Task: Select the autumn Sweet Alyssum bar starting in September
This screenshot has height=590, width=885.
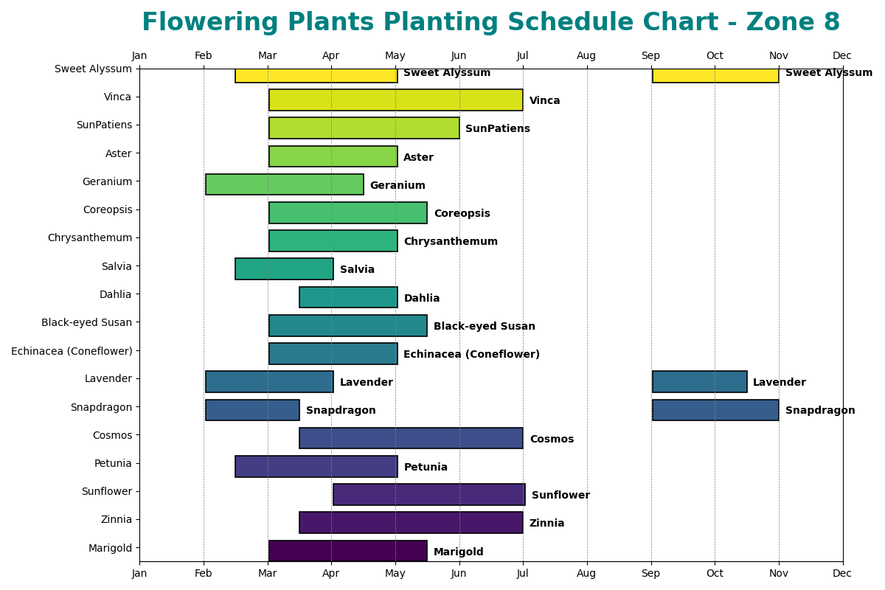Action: tap(715, 75)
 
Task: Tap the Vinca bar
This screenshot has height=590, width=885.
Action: tap(395, 100)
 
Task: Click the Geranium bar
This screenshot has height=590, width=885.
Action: tap(284, 184)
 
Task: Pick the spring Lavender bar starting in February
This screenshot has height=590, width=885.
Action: tap(269, 382)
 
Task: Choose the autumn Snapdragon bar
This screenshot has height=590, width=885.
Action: tap(715, 410)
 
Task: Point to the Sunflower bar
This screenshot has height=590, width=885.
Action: tap(428, 495)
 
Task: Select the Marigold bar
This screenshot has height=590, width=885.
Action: tap(347, 551)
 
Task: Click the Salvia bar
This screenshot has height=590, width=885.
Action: tap(284, 269)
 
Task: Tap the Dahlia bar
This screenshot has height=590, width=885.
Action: tap(348, 297)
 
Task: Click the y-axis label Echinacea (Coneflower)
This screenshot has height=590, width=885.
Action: tap(72, 351)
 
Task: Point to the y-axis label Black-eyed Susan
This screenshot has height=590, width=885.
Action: tap(86, 322)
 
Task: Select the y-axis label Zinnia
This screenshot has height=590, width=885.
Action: tap(116, 519)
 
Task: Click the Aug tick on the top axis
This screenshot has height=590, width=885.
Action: tap(586, 55)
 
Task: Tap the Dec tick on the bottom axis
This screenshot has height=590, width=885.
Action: tap(842, 573)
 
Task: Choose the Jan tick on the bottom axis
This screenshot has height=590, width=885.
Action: tap(139, 573)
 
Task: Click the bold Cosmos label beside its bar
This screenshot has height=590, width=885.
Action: tap(551, 440)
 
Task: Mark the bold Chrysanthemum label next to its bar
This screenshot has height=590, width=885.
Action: tap(450, 242)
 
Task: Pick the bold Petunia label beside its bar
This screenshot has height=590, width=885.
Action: tap(426, 468)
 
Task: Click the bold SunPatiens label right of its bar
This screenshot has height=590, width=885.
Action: tap(497, 129)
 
